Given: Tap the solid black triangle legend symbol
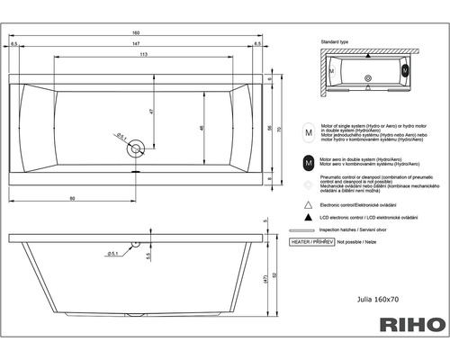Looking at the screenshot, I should click(310, 219).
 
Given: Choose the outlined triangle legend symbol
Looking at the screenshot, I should click(310, 205).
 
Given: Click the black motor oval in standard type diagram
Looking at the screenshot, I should click(405, 68).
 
